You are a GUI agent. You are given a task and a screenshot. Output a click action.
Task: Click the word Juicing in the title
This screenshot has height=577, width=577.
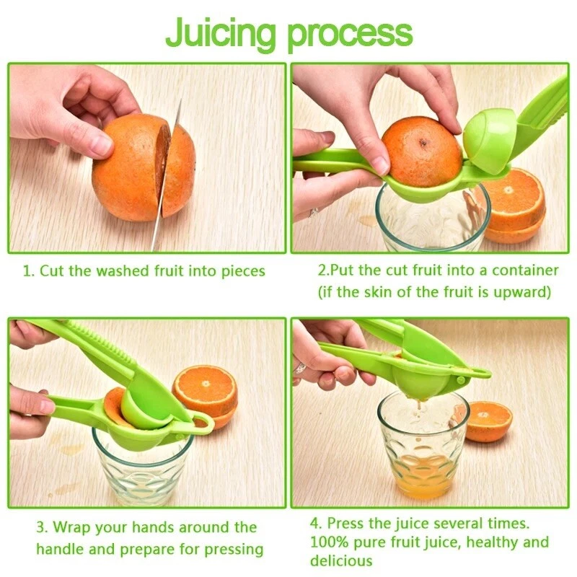pos(221,32)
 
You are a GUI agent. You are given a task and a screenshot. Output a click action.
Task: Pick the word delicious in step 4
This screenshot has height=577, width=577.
pos(341,560)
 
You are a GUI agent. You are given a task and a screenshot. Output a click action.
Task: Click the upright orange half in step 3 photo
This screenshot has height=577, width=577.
pos(206,393)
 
